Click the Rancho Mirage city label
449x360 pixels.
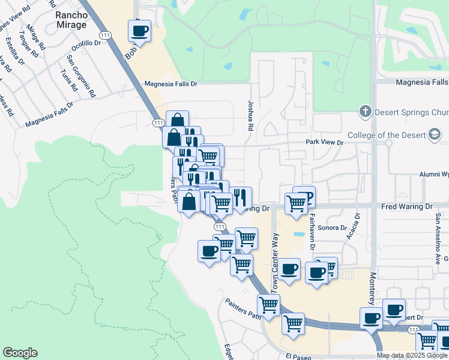click(71, 19)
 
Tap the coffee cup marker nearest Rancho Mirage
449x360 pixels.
click(139, 31)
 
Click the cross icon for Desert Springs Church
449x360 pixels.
click(365, 112)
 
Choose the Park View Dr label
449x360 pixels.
click(324, 143)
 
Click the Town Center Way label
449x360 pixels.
click(275, 263)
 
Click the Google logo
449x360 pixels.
click(20, 353)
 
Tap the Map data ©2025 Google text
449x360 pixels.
click(412, 355)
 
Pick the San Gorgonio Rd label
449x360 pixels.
click(81, 76)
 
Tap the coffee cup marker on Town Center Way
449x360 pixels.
click(289, 269)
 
